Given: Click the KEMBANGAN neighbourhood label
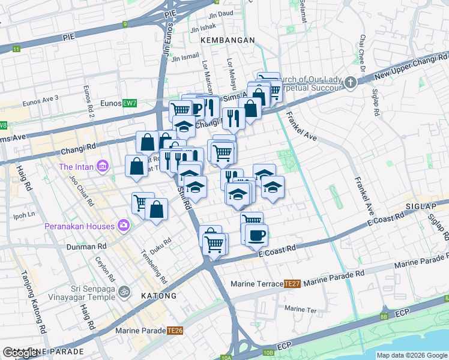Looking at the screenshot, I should tap(228, 40).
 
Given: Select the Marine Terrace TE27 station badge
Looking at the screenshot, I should tap(292, 283).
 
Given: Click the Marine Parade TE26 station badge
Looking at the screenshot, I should tap(175, 330).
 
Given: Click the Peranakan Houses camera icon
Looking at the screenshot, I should tap(124, 226).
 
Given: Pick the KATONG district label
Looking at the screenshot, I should tap(159, 296).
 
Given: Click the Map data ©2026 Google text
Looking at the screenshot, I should tap(412, 355).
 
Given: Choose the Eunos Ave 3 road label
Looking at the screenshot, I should tap(41, 101).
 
